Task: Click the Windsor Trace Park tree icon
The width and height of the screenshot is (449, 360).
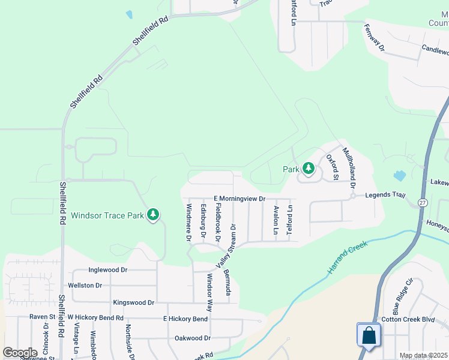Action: click(153, 214)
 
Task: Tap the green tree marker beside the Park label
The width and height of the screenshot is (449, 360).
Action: click(309, 169)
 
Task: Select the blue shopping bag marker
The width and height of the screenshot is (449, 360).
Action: click(368, 335)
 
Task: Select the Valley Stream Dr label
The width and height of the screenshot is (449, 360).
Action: click(226, 246)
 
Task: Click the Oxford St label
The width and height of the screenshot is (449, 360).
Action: click(332, 167)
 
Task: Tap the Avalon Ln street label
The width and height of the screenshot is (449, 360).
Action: click(276, 220)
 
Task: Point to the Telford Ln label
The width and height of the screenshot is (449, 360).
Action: click(289, 220)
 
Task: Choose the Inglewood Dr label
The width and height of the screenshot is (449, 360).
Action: click(108, 270)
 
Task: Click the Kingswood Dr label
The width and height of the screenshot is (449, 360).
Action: click(134, 303)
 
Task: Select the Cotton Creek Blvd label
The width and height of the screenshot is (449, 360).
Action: click(408, 320)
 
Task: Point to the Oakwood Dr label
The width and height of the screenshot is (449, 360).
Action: click(192, 338)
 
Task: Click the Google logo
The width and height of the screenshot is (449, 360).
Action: click(20, 353)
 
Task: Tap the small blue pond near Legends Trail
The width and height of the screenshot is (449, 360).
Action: click(400, 176)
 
